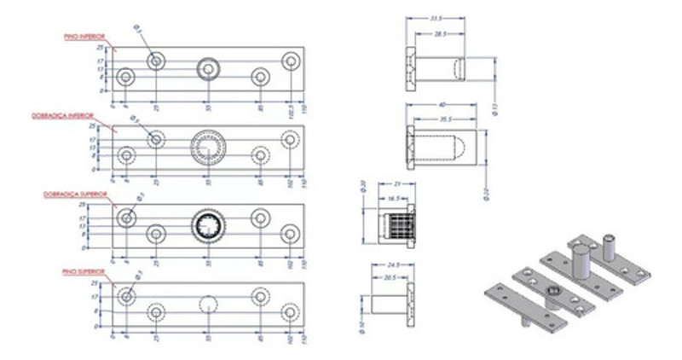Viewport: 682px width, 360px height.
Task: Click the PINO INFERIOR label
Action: pyautogui.click(x=84, y=38)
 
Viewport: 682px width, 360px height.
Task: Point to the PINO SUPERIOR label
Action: pyautogui.click(x=84, y=271)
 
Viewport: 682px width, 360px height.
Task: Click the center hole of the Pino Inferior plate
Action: pyautogui.click(x=207, y=68)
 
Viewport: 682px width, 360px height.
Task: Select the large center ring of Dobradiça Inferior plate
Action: pyautogui.click(x=207, y=148)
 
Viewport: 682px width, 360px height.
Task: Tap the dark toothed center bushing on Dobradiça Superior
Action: pyautogui.click(x=207, y=226)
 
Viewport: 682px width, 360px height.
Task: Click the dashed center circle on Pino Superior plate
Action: pyautogui.click(x=207, y=305)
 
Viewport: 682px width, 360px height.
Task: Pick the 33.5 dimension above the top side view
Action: pyautogui.click(x=436, y=18)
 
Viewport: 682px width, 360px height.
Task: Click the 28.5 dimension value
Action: pyautogui.click(x=440, y=35)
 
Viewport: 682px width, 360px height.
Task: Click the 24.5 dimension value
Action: pyautogui.click(x=393, y=264)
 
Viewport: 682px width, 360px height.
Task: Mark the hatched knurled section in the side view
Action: pyautogui.click(x=395, y=226)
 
